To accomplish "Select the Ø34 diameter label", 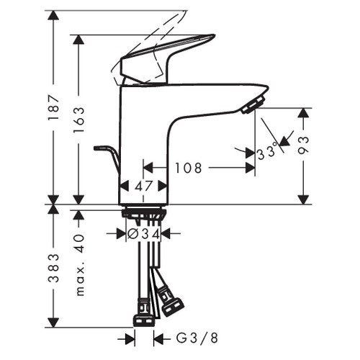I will pyautogui.click(x=143, y=233).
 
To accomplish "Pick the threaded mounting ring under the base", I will pyautogui.click(x=144, y=213).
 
